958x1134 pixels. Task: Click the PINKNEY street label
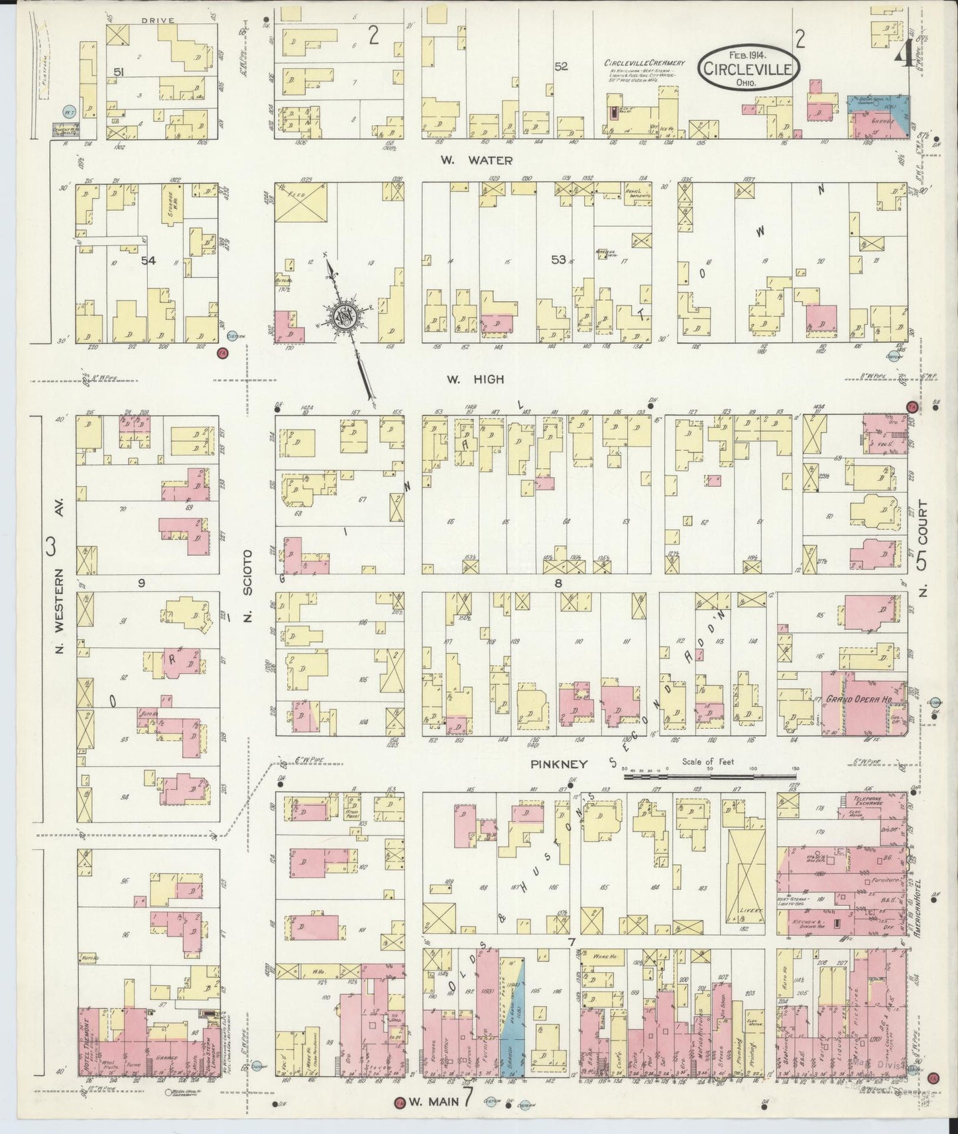pyautogui.click(x=559, y=764)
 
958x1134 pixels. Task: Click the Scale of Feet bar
pyautogui.click(x=709, y=773)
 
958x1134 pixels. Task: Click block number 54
pyautogui.click(x=148, y=261)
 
